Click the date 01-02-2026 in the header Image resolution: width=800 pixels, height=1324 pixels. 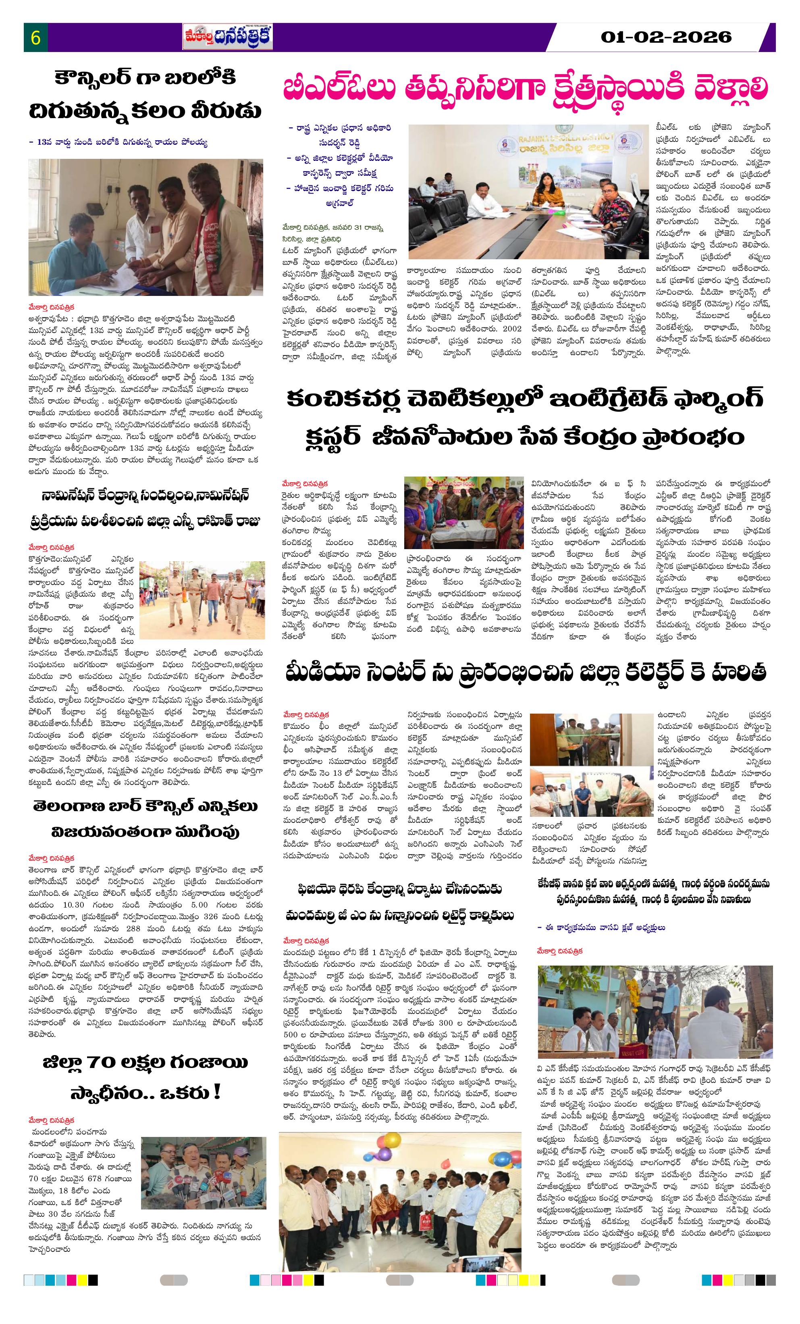pyautogui.click(x=666, y=37)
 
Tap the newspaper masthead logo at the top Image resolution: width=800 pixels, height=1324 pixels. pyautogui.click(x=227, y=37)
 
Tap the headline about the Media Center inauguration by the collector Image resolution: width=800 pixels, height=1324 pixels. pyautogui.click(x=526, y=673)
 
